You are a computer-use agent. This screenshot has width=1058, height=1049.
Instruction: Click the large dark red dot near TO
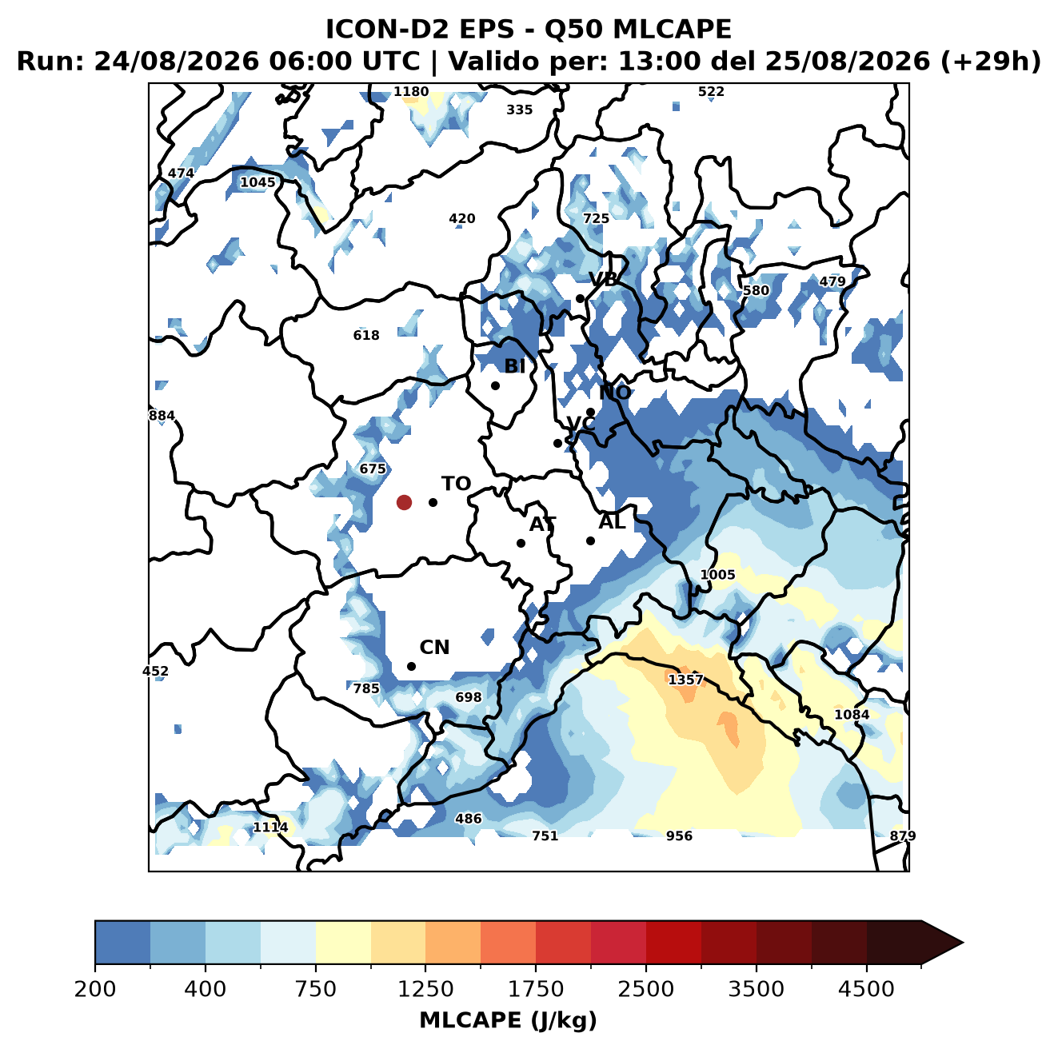pyautogui.click(x=404, y=502)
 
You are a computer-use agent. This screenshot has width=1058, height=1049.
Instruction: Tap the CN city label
pyautogui.click(x=434, y=648)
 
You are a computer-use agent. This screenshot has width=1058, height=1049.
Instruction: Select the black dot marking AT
pyautogui.click(x=521, y=544)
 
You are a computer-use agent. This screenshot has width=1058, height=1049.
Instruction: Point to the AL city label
pyautogui.click(x=612, y=521)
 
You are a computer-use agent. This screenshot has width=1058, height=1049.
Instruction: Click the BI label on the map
pyautogui.click(x=514, y=365)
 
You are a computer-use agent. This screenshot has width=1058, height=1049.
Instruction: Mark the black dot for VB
pyautogui.click(x=581, y=298)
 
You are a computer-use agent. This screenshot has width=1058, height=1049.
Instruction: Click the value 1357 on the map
pyautogui.click(x=686, y=680)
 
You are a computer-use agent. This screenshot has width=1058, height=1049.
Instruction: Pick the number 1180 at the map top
pyautogui.click(x=411, y=91)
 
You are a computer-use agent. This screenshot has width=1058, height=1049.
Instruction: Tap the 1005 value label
pyautogui.click(x=717, y=575)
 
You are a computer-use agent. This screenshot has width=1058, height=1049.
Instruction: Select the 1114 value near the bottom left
pyautogui.click(x=270, y=828)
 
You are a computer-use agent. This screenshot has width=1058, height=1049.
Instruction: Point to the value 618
pyautogui.click(x=366, y=335)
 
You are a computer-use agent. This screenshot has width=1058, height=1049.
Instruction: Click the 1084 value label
pyautogui.click(x=852, y=715)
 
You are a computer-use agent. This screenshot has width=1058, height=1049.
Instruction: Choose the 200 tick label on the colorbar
pyautogui.click(x=95, y=989)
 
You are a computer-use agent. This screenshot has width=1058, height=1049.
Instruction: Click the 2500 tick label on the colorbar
pyautogui.click(x=645, y=989)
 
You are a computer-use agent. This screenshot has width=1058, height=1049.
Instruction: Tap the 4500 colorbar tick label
pyautogui.click(x=866, y=989)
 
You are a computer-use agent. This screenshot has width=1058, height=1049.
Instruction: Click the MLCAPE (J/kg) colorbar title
pyautogui.click(x=508, y=1021)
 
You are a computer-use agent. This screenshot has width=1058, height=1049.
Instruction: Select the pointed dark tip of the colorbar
pyautogui.click(x=963, y=943)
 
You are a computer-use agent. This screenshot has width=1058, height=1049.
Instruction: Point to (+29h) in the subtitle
pyautogui.click(x=991, y=62)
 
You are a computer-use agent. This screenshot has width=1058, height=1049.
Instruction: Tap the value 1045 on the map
pyautogui.click(x=258, y=181)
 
